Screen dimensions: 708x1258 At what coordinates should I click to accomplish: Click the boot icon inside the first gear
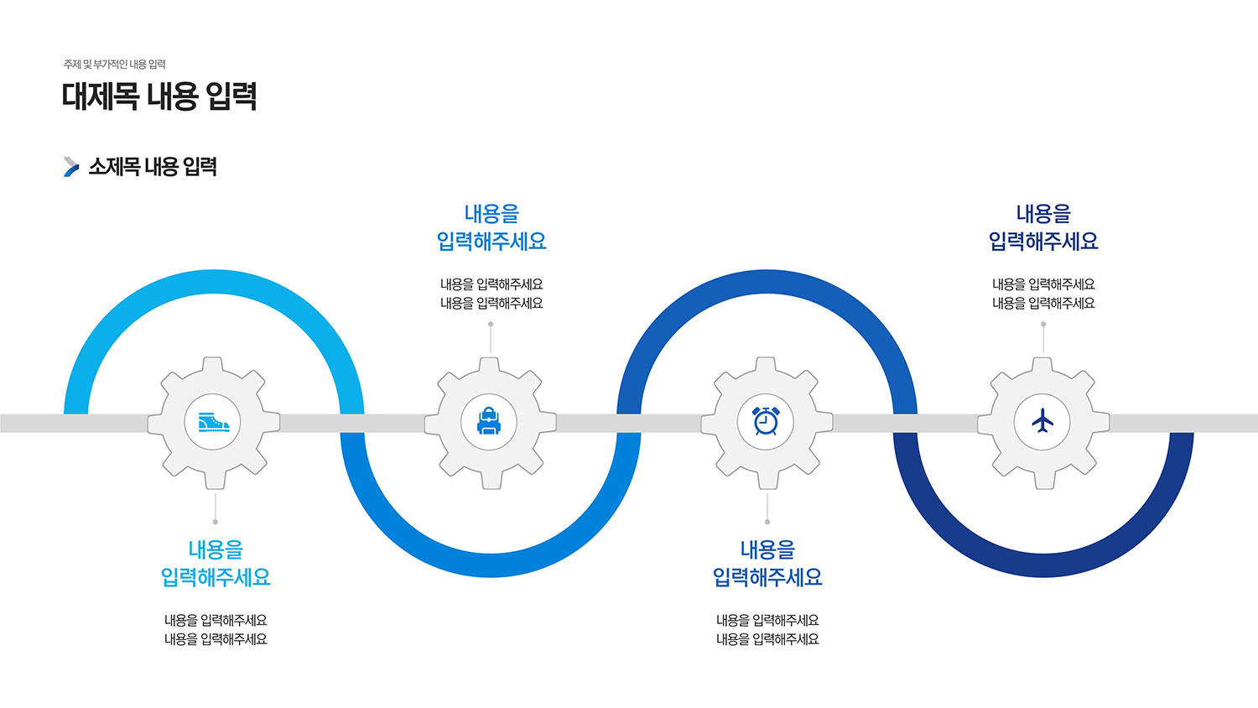pos(214,422)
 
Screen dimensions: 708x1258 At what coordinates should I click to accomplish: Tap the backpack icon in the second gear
pos(490,421)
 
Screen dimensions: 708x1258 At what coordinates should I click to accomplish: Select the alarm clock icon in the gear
pos(767,421)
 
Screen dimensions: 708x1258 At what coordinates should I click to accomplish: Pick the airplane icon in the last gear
pos(1042,421)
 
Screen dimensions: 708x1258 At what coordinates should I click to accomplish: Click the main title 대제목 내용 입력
pos(159,96)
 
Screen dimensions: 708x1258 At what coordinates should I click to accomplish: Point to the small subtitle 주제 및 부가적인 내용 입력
pos(115,65)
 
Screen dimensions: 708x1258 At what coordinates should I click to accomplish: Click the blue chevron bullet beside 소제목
pos(71,167)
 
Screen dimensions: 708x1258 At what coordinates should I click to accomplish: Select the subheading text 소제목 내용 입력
pos(153,167)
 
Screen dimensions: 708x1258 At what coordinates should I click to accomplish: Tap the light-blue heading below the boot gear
pos(216,564)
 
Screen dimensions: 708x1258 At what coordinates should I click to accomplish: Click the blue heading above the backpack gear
pos(491,227)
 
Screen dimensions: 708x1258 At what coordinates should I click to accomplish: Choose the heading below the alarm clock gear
pos(767,564)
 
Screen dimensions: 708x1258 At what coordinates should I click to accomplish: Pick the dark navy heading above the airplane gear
pos(1043,227)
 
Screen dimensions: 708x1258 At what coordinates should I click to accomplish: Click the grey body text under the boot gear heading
pos(216,630)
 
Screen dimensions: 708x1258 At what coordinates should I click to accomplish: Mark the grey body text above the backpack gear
pos(491,294)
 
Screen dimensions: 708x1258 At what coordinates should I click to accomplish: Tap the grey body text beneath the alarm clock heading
pos(767,630)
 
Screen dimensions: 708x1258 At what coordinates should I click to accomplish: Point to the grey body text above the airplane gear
pos(1043,294)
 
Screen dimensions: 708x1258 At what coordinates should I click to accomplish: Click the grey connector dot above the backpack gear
pos(491,325)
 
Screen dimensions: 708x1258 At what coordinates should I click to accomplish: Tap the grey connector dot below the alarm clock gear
pos(767,522)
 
